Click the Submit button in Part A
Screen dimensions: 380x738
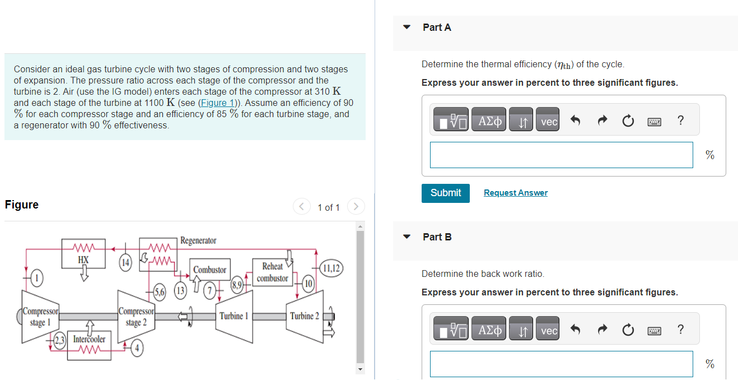pyautogui.click(x=445, y=193)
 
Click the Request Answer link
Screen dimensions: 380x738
pyautogui.click(x=515, y=193)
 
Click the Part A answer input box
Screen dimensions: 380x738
pyautogui.click(x=561, y=155)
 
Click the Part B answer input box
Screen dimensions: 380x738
pyautogui.click(x=561, y=364)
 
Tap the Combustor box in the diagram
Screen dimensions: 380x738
pyautogui.click(x=209, y=270)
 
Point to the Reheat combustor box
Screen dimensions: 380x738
pyautogui.click(x=272, y=272)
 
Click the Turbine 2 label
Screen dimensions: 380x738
pyautogui.click(x=304, y=316)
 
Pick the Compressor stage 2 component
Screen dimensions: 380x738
pyautogui.click(x=136, y=317)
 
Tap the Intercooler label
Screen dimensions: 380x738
pyautogui.click(x=89, y=340)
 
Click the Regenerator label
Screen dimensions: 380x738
pyautogui.click(x=198, y=240)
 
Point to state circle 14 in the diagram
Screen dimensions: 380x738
pyautogui.click(x=125, y=262)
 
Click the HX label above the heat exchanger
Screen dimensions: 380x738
pyautogui.click(x=83, y=260)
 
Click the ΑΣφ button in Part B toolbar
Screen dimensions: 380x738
pyautogui.click(x=489, y=331)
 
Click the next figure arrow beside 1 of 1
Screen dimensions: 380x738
pyautogui.click(x=356, y=207)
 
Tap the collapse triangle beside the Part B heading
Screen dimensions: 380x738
pyautogui.click(x=407, y=237)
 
